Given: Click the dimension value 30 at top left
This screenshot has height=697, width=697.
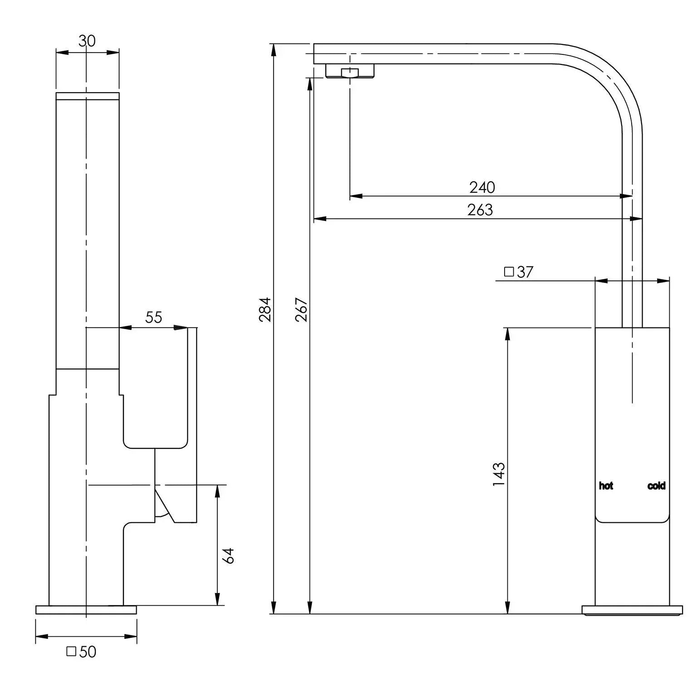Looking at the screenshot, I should pos(87,41).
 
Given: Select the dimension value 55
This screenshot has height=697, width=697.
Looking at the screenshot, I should pos(153,317).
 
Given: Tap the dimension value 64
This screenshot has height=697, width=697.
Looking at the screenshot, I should pos(230,555).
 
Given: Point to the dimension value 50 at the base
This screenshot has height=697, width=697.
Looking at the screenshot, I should pos(88,652).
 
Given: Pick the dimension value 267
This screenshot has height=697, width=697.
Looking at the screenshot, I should pos(302,309).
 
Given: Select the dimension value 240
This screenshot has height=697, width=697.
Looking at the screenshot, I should pos(482,187).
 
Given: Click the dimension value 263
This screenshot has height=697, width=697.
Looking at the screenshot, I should pos(480,210).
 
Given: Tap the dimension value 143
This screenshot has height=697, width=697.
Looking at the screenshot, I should pos(499,474).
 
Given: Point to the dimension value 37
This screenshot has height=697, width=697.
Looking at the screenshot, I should pos(525,272).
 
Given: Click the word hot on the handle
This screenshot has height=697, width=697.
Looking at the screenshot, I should pos(606,486).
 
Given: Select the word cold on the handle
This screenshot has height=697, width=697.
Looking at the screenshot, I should pos(656,486).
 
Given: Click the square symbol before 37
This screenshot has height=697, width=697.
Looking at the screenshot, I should pos(509,272).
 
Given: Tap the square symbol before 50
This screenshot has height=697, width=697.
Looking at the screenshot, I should pos(71,652).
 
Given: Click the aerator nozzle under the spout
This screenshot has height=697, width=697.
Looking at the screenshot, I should pos(350,72).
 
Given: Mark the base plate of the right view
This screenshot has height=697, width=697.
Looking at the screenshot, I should pos(632,610).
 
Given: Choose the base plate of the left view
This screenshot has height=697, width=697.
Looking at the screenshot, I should pos(86,609).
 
